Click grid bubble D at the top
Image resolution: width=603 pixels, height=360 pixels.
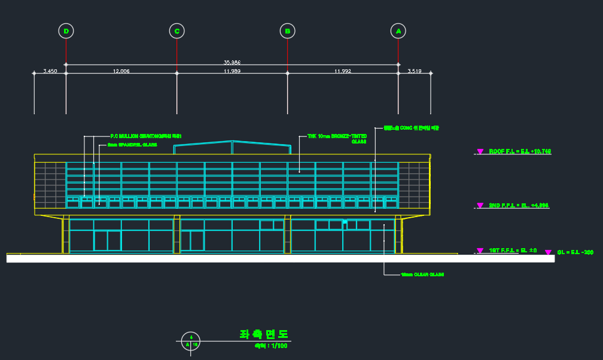click(66, 31)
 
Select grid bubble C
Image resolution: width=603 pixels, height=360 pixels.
click(176, 31)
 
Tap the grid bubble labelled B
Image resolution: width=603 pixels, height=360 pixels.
click(287, 31)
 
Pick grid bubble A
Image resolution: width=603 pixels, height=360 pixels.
click(398, 31)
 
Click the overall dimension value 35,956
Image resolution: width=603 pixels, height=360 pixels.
click(232, 62)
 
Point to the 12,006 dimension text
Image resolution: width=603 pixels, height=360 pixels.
click(121, 71)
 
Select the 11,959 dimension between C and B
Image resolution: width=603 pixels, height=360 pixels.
click(232, 71)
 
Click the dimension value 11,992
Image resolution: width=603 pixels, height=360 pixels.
click(343, 71)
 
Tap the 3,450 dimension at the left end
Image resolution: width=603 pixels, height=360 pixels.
click(50, 71)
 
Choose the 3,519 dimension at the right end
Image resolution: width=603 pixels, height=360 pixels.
click(415, 71)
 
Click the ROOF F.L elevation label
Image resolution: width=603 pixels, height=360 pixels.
click(520, 152)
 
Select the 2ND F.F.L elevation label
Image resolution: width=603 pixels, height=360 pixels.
click(519, 206)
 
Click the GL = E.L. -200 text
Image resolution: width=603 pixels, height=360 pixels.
click(575, 252)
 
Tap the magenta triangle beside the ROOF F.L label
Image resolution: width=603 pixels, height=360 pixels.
click(480, 152)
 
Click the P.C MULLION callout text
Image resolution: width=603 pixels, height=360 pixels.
click(145, 136)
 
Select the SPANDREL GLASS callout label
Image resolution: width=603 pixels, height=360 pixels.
click(132, 145)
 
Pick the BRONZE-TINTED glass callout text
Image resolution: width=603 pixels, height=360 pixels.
click(337, 136)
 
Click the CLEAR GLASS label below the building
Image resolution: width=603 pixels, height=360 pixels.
click(422, 275)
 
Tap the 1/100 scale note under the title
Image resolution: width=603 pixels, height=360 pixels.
click(271, 346)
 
